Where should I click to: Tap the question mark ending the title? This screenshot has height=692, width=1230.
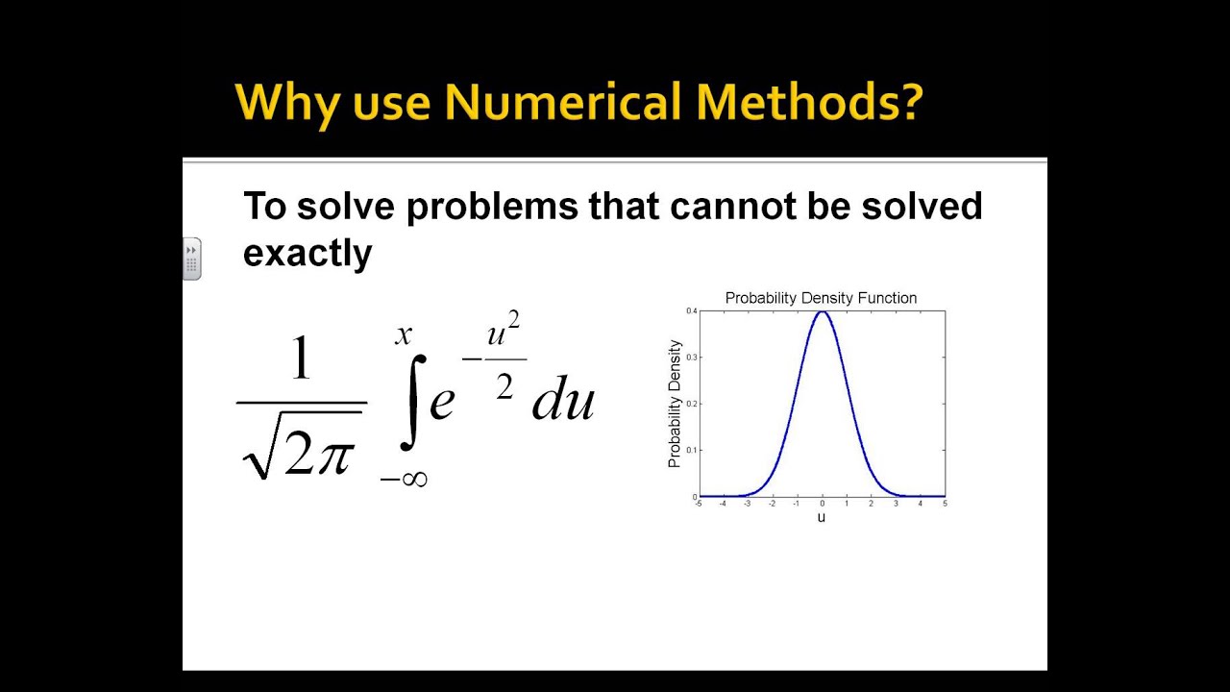pyautogui.click(x=907, y=103)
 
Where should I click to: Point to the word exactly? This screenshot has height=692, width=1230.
pyautogui.click(x=307, y=254)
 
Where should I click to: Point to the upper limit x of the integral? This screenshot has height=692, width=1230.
pyautogui.click(x=404, y=334)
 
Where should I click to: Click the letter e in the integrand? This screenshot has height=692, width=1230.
pyautogui.click(x=441, y=401)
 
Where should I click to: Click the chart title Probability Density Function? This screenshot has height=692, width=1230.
pyautogui.click(x=821, y=298)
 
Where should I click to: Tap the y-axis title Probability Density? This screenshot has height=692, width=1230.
pyautogui.click(x=675, y=404)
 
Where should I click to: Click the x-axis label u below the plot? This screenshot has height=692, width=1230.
pyautogui.click(x=822, y=517)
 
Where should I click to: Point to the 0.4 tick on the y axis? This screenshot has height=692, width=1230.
pyautogui.click(x=691, y=311)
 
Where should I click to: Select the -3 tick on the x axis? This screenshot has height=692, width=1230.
pyautogui.click(x=747, y=504)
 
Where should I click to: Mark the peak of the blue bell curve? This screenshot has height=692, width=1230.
pyautogui.click(x=822, y=312)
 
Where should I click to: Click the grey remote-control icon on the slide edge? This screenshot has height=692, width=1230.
pyautogui.click(x=192, y=259)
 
